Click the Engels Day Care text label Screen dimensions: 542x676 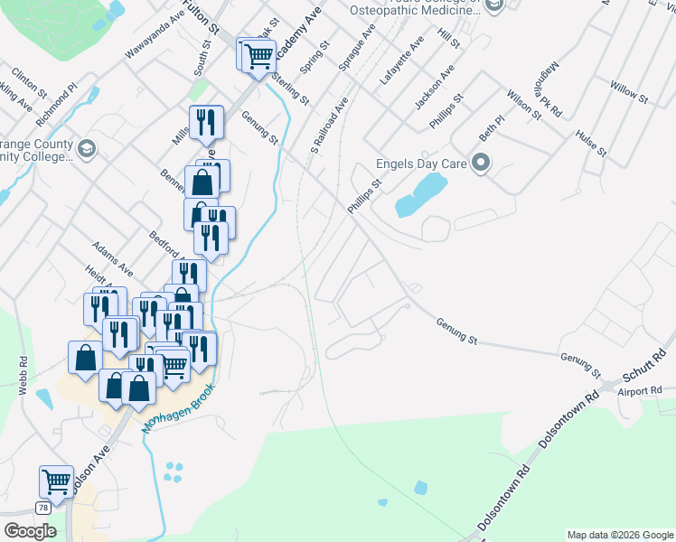[421, 165]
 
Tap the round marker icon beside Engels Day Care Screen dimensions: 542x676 [481, 164]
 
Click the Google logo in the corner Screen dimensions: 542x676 [30, 531]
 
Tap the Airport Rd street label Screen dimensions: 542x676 [640, 391]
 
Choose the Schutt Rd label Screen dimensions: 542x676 [643, 367]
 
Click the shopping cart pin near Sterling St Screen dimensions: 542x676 [258, 56]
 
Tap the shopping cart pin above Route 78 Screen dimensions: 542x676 [56, 481]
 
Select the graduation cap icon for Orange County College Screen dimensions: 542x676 [87, 148]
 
